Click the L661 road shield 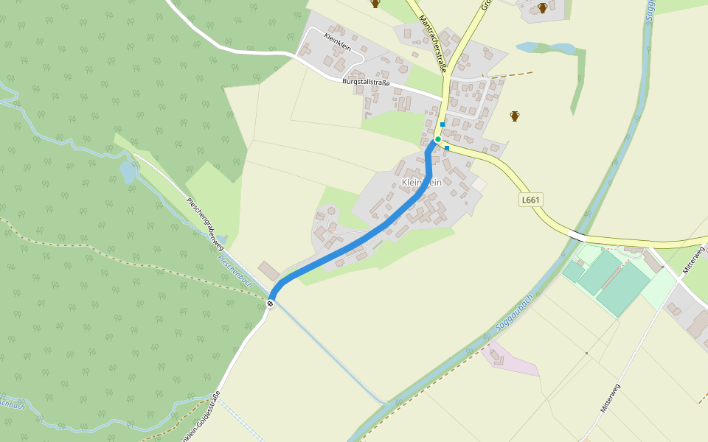point(530,200)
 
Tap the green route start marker point(437,139)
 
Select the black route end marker point(271,303)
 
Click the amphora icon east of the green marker point(515,116)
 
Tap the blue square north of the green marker point(442,124)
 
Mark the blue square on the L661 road point(447,148)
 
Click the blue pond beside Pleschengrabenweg point(128,172)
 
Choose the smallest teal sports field point(573,272)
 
